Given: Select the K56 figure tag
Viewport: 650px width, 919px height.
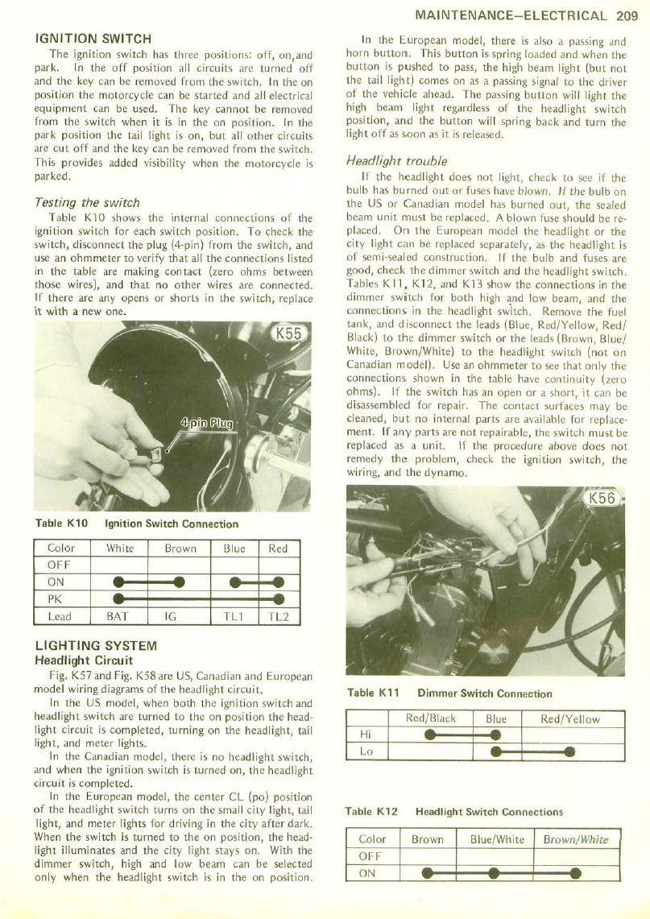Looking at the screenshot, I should (x=602, y=499).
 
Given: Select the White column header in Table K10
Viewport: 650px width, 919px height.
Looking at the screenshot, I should (x=120, y=549).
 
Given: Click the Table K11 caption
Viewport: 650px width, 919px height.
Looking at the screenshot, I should (x=449, y=693).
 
